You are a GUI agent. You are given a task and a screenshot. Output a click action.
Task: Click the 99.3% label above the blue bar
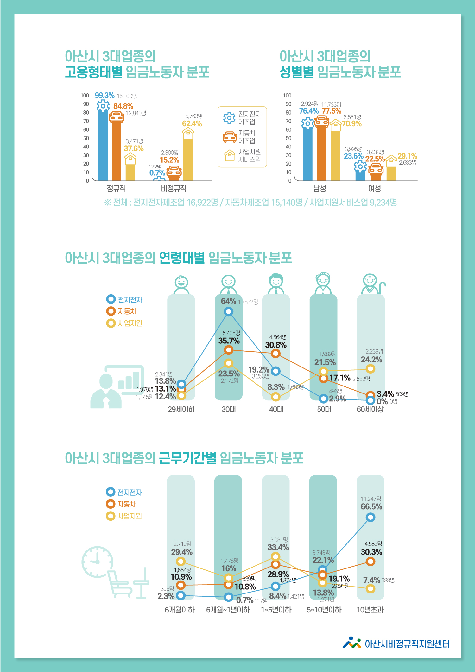pyautogui.click(x=104, y=95)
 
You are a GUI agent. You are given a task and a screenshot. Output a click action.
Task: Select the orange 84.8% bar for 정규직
pyautogui.click(x=116, y=150)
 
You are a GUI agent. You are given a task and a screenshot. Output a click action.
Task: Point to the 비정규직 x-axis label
pyautogui.click(x=174, y=189)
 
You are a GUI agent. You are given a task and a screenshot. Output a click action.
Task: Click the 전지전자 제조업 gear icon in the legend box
pyautogui.click(x=229, y=118)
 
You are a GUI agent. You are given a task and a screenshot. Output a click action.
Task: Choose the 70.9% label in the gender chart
pyautogui.click(x=351, y=124)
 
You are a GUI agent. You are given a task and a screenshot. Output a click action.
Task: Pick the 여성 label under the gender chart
pyautogui.click(x=374, y=189)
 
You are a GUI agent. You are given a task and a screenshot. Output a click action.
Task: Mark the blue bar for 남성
pyautogui.click(x=307, y=154)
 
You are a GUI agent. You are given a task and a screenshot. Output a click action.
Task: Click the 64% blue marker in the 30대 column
pyautogui.click(x=229, y=312)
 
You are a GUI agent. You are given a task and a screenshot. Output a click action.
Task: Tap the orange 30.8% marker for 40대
pyautogui.click(x=276, y=354)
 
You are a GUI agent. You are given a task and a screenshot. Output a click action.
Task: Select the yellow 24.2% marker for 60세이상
pyautogui.click(x=370, y=369)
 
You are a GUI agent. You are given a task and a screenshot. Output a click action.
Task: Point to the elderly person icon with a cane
pyautogui.click(x=373, y=284)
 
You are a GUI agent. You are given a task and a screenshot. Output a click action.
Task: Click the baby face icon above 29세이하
pyautogui.click(x=181, y=284)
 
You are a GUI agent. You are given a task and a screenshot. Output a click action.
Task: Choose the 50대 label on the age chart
pyautogui.click(x=324, y=409)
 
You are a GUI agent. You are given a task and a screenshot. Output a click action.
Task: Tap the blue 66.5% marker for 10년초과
pyautogui.click(x=370, y=517)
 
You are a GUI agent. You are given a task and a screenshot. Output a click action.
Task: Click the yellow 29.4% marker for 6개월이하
pyautogui.click(x=180, y=562)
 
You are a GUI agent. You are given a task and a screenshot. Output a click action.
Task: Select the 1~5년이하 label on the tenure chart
pyautogui.click(x=276, y=610)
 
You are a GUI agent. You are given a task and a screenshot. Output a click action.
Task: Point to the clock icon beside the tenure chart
pyautogui.click(x=97, y=562)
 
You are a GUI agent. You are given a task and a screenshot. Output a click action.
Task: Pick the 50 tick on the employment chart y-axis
pyautogui.click(x=86, y=138)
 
